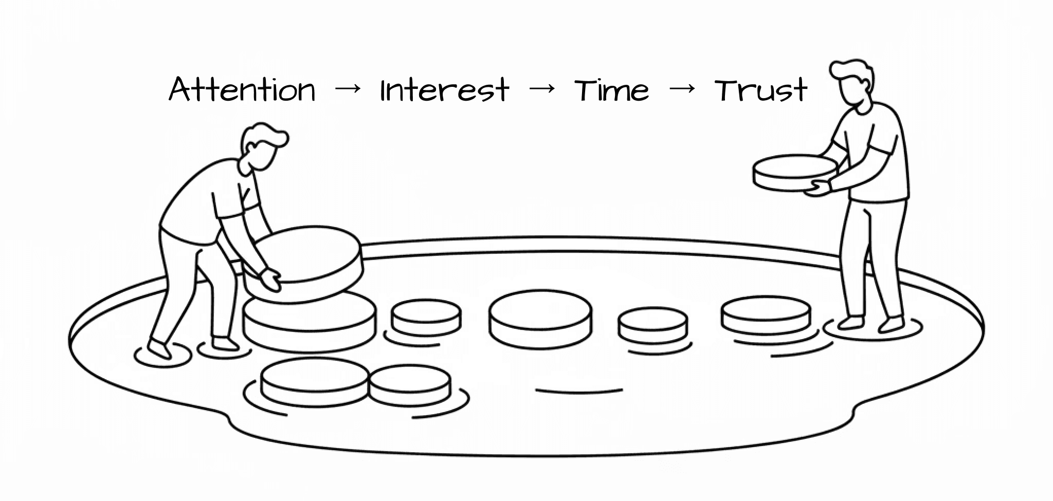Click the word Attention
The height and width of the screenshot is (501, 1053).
click(242, 90)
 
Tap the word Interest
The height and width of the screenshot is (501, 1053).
click(444, 90)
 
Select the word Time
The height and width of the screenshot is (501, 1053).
click(611, 90)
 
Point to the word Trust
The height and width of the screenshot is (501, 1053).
click(761, 90)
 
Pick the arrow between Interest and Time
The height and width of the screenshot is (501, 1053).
click(542, 89)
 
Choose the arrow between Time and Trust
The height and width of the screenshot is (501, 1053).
click(682, 89)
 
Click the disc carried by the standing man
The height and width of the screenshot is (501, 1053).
click(794, 173)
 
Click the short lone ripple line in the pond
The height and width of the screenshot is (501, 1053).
click(579, 391)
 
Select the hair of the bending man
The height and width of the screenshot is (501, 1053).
click(265, 135)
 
